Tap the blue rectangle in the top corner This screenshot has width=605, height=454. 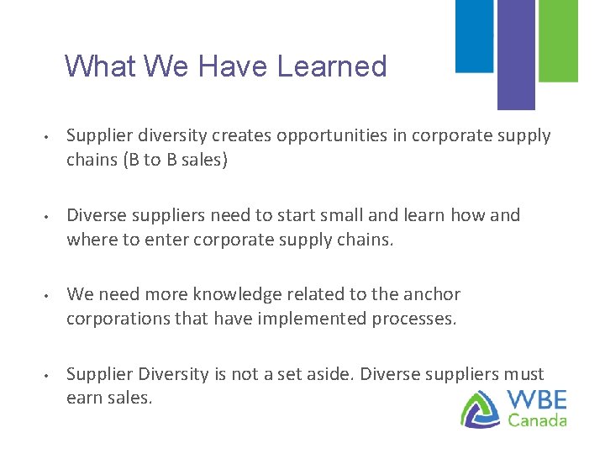pyautogui.click(x=475, y=35)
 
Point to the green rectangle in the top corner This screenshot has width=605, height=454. pyautogui.click(x=557, y=40)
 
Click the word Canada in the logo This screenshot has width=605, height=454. pyautogui.click(x=538, y=420)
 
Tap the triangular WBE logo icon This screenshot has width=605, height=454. pyautogui.click(x=481, y=409)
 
